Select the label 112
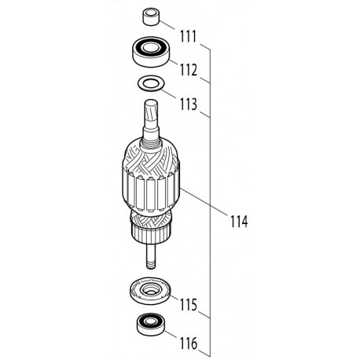189,69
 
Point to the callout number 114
235,222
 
